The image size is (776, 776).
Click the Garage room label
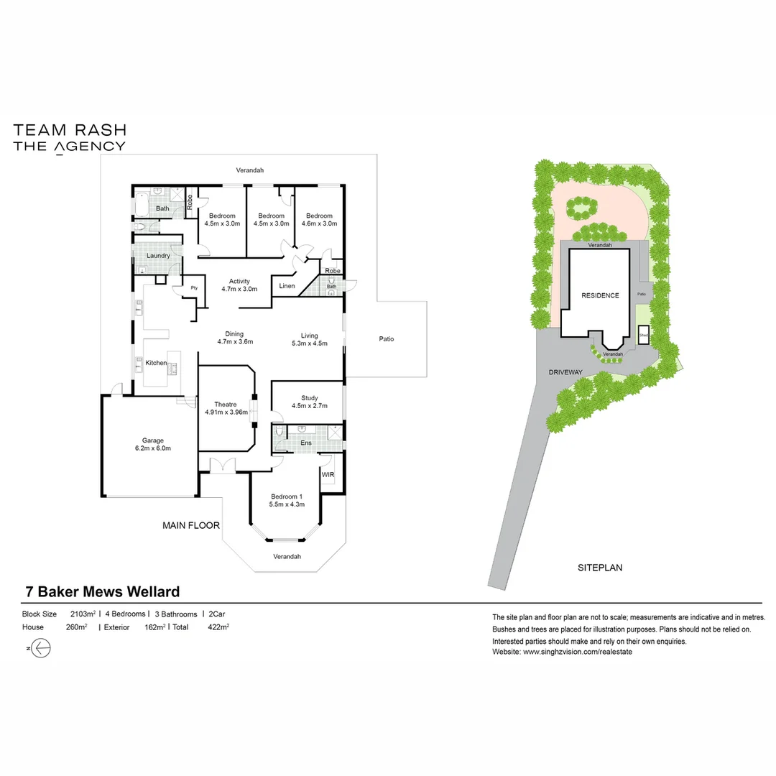tap(152, 440)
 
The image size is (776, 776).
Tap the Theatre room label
tap(225, 405)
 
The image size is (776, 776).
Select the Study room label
tap(309, 397)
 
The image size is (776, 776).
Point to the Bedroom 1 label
tap(287, 496)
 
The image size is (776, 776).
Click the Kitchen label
tap(156, 363)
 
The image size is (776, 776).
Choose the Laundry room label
tap(158, 255)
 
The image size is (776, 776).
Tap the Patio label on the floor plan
tap(387, 339)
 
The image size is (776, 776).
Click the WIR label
tap(328, 475)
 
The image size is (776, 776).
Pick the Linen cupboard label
tap(287, 286)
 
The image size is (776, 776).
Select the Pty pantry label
tap(194, 288)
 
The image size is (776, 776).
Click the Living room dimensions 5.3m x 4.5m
tap(309, 343)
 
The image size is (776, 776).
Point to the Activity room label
tap(239, 281)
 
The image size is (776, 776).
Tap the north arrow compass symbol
tap(42, 648)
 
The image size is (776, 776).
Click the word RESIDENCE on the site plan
tap(600, 295)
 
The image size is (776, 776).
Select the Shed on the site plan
tap(644, 335)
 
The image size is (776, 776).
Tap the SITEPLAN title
tap(600, 568)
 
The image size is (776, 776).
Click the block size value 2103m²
tap(83, 614)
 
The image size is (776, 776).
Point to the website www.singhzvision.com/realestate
tap(577, 652)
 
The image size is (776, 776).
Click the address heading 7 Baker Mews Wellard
tap(102, 592)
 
